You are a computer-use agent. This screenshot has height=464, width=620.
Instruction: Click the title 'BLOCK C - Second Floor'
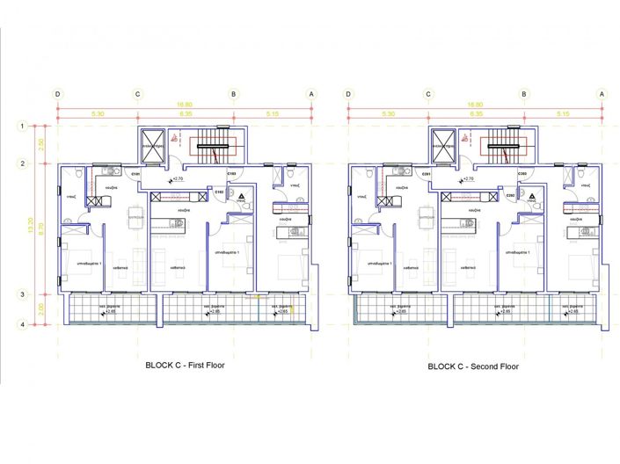[473, 366]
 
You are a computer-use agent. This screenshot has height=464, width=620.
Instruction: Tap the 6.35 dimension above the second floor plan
[476, 114]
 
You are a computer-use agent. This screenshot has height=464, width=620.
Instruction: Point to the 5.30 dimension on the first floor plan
[97, 114]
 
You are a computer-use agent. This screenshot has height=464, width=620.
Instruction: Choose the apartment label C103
[230, 174]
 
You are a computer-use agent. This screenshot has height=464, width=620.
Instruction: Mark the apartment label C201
[427, 174]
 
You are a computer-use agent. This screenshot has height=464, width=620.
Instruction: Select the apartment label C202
[510, 195]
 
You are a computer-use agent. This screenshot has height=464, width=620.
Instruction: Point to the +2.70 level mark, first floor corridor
[177, 179]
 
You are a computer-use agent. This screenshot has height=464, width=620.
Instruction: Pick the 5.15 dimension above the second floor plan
[563, 114]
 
